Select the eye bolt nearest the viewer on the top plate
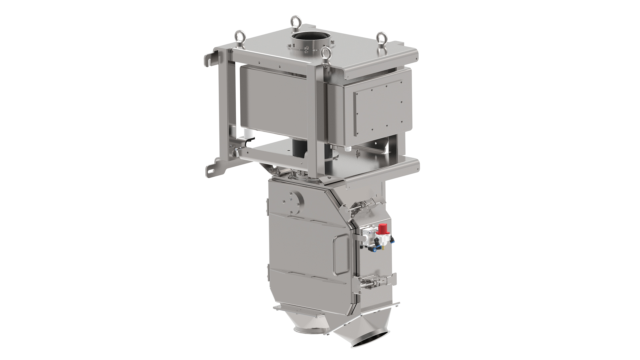point(325,53)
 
